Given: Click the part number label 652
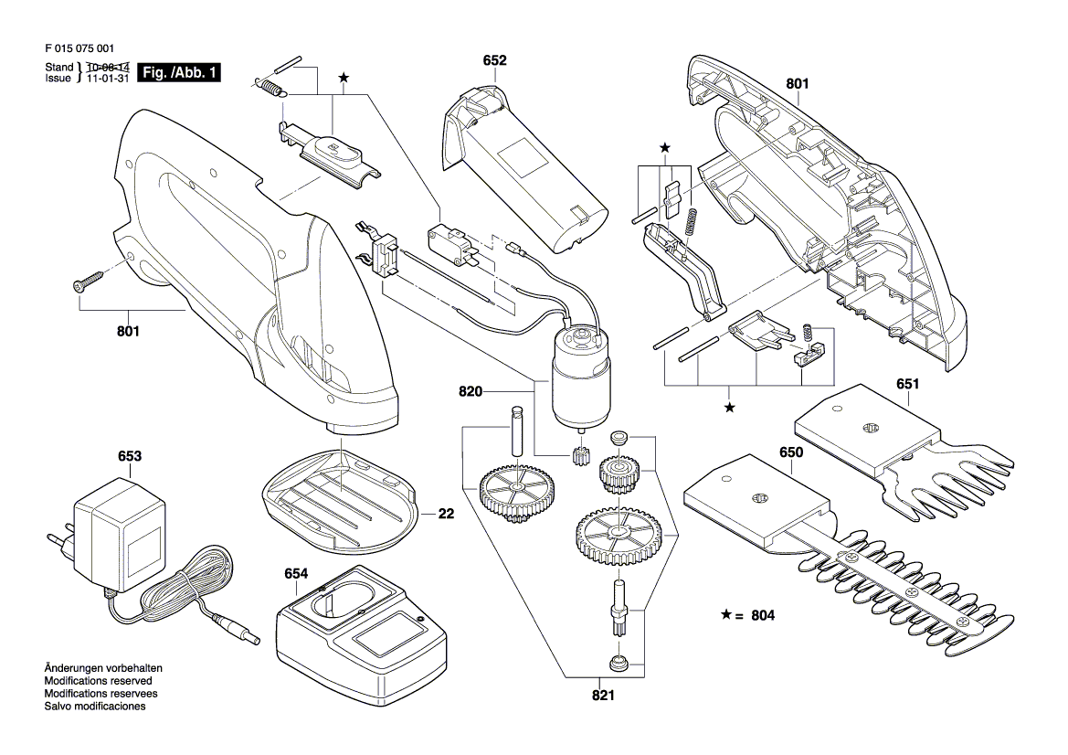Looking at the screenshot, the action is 494,60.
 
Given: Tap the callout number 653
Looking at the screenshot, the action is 130,456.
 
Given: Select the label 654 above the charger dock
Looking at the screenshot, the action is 296,574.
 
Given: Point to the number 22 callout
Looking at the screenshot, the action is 446,513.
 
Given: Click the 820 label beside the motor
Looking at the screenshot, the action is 471,391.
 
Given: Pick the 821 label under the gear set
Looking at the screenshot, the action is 603,695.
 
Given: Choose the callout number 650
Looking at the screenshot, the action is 791,452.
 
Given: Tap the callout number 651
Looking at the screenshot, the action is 908,384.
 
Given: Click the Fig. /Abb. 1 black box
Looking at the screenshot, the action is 179,72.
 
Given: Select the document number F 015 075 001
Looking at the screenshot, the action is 79,48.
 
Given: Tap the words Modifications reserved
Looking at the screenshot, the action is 98,681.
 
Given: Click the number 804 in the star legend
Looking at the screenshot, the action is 763,615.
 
